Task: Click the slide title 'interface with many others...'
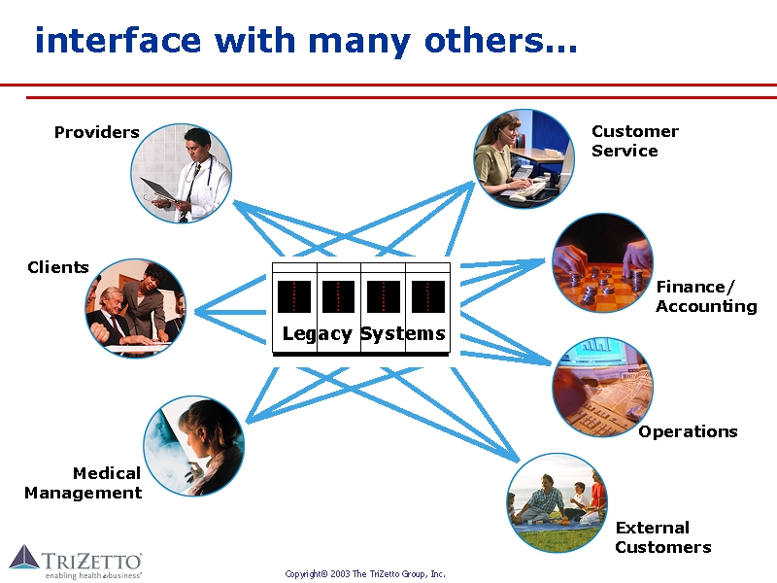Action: (306, 41)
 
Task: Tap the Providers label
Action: (96, 132)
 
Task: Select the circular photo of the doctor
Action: (182, 174)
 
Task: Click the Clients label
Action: (58, 267)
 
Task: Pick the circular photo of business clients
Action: (135, 309)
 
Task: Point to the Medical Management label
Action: (84, 483)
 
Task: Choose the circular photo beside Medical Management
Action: (194, 446)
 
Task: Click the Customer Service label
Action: (634, 141)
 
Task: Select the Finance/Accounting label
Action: (706, 296)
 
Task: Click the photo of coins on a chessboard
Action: (602, 262)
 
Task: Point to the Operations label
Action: (688, 431)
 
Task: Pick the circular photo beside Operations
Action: (602, 387)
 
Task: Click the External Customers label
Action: (663, 537)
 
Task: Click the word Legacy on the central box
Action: (317, 334)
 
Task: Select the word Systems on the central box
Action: (402, 334)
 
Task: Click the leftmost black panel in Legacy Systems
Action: (294, 296)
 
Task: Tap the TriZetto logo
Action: (76, 562)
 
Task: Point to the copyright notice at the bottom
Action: (365, 574)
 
